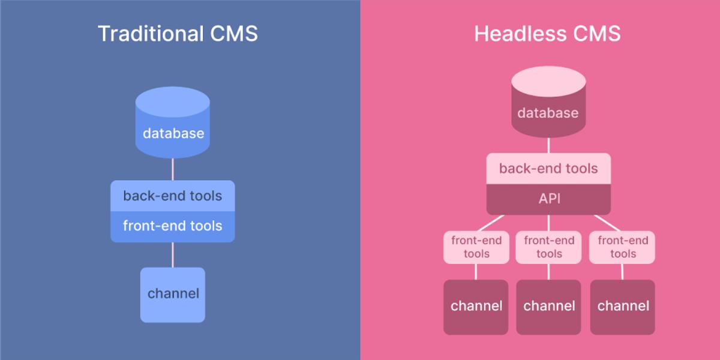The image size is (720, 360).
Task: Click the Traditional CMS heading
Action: coord(178,34)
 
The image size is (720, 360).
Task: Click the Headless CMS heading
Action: coord(547,34)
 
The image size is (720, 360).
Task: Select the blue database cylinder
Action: coord(173,122)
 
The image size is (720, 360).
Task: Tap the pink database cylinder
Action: coord(548,102)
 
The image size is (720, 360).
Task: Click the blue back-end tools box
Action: coord(173,196)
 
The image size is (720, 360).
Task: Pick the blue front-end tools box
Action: coord(173,227)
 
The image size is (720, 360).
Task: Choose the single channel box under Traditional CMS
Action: coord(173,295)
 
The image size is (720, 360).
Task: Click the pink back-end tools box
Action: coord(548,169)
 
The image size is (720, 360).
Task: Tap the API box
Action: coord(548,199)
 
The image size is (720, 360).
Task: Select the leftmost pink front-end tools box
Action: coord(476,247)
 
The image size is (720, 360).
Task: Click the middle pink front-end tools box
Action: coord(548,247)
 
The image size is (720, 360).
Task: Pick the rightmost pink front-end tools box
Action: coord(622,247)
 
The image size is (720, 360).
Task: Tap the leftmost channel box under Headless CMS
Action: coord(476,307)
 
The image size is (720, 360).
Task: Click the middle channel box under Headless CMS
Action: coord(548,307)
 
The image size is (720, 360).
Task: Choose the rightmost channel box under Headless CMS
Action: coord(622,307)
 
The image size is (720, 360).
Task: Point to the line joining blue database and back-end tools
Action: coord(173,169)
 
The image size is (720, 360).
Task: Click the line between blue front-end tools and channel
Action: coord(173,255)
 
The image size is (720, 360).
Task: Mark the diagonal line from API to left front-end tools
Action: coord(491,223)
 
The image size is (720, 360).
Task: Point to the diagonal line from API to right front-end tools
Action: coord(607,223)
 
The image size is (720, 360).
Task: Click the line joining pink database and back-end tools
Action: coord(548,145)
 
